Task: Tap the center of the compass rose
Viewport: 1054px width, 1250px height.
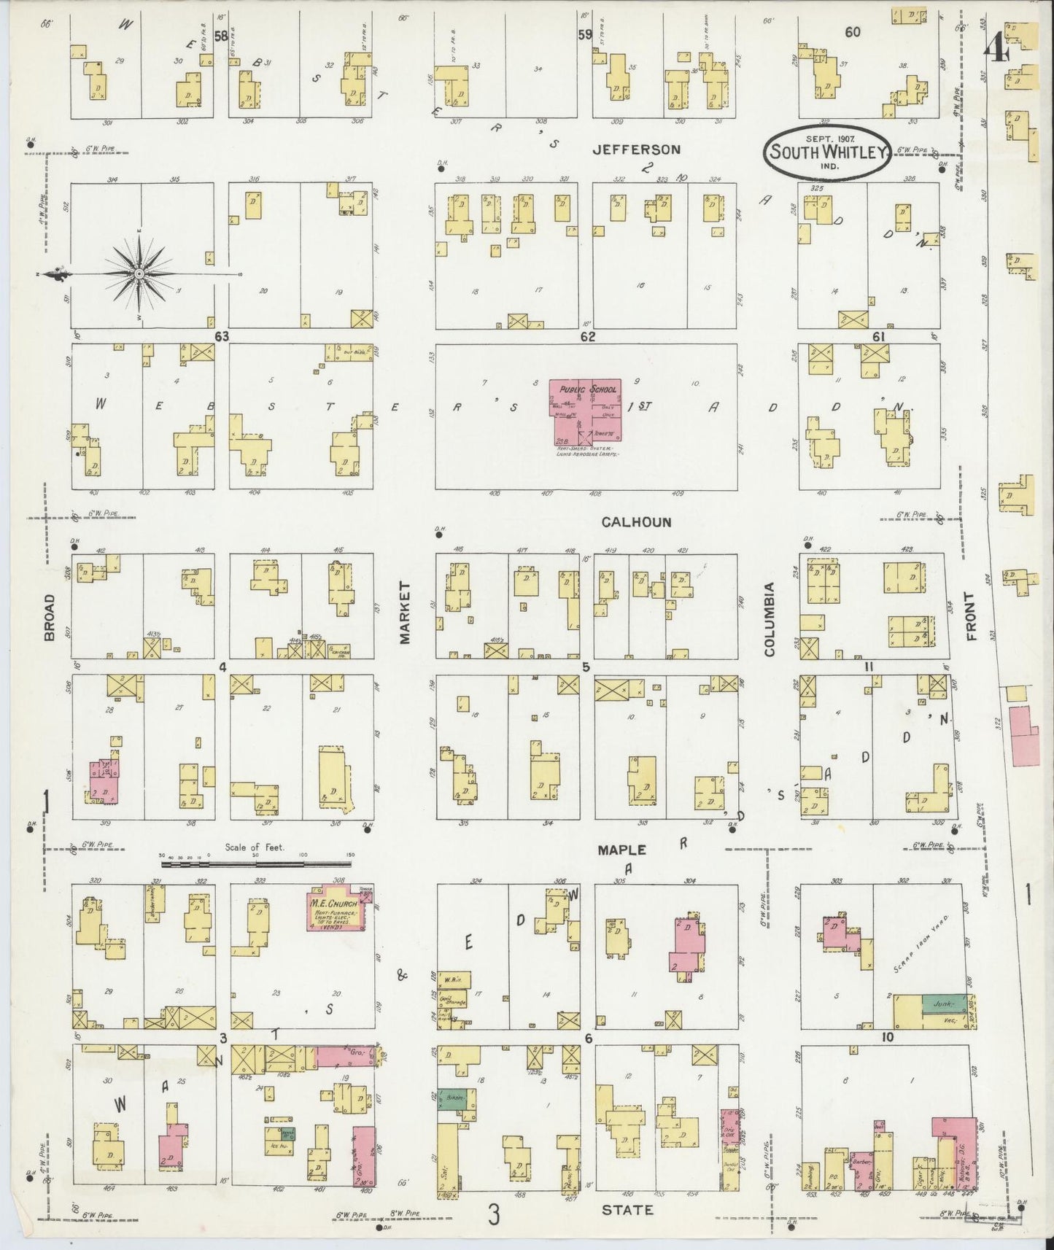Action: [x=138, y=273]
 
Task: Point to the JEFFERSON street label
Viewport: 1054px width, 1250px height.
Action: [x=636, y=150]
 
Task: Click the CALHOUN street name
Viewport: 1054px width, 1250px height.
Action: [x=636, y=522]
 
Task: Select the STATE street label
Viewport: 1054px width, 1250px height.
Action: [x=627, y=1209]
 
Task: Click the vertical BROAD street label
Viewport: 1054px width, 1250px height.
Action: [x=50, y=617]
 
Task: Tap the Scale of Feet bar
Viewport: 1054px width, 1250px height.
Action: [x=255, y=864]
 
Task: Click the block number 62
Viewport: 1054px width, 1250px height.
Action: [x=588, y=337]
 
